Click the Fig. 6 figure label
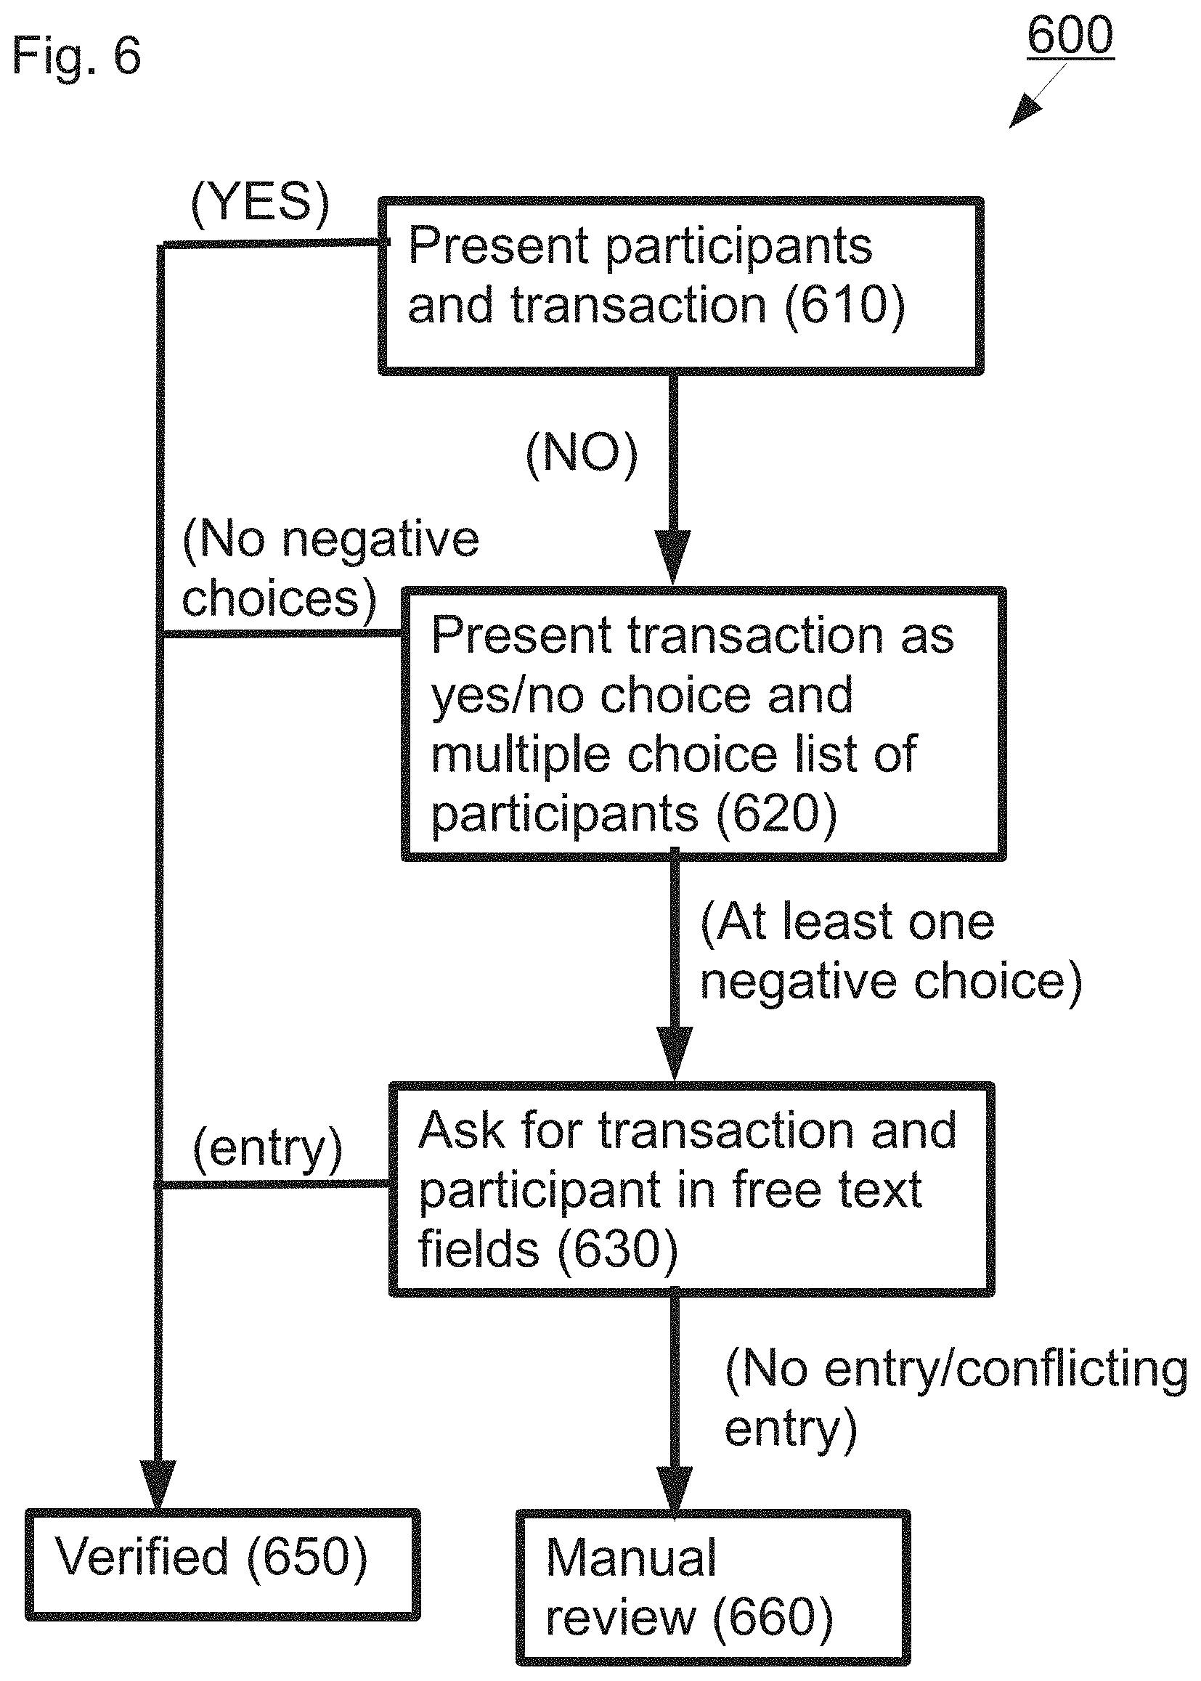[x=76, y=57]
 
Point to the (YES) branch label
[x=261, y=203]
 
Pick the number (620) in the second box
[x=776, y=813]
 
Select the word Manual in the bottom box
[x=631, y=1558]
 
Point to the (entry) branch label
[x=268, y=1149]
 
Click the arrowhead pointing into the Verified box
[x=158, y=1485]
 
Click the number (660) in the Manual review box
[x=773, y=1617]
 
